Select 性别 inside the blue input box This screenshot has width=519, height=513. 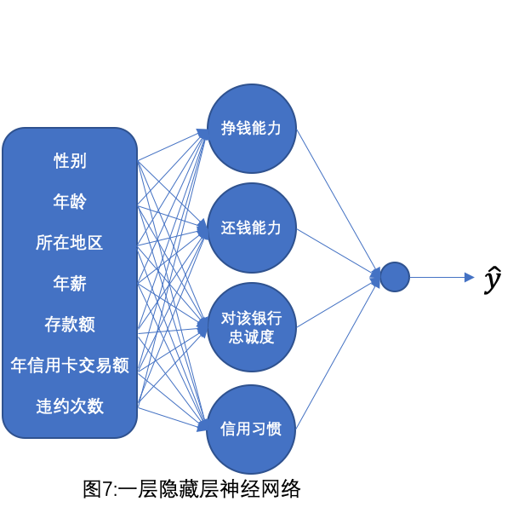pos(70,161)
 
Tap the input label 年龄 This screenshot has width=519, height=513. pos(70,202)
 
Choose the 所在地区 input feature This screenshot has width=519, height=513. pos(70,243)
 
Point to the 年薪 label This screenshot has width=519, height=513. pos(70,284)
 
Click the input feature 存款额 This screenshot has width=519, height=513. pos(70,325)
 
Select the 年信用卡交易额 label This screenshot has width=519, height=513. pos(70,366)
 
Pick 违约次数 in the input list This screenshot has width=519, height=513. pos(70,406)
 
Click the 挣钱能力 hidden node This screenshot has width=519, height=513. pos(251,129)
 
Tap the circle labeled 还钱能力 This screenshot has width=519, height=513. pos(251,228)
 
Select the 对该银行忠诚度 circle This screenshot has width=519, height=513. pos(251,327)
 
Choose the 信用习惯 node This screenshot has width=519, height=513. pos(251,429)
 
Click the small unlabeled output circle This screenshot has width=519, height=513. pos(395,277)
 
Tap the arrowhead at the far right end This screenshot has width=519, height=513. pos(469,277)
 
